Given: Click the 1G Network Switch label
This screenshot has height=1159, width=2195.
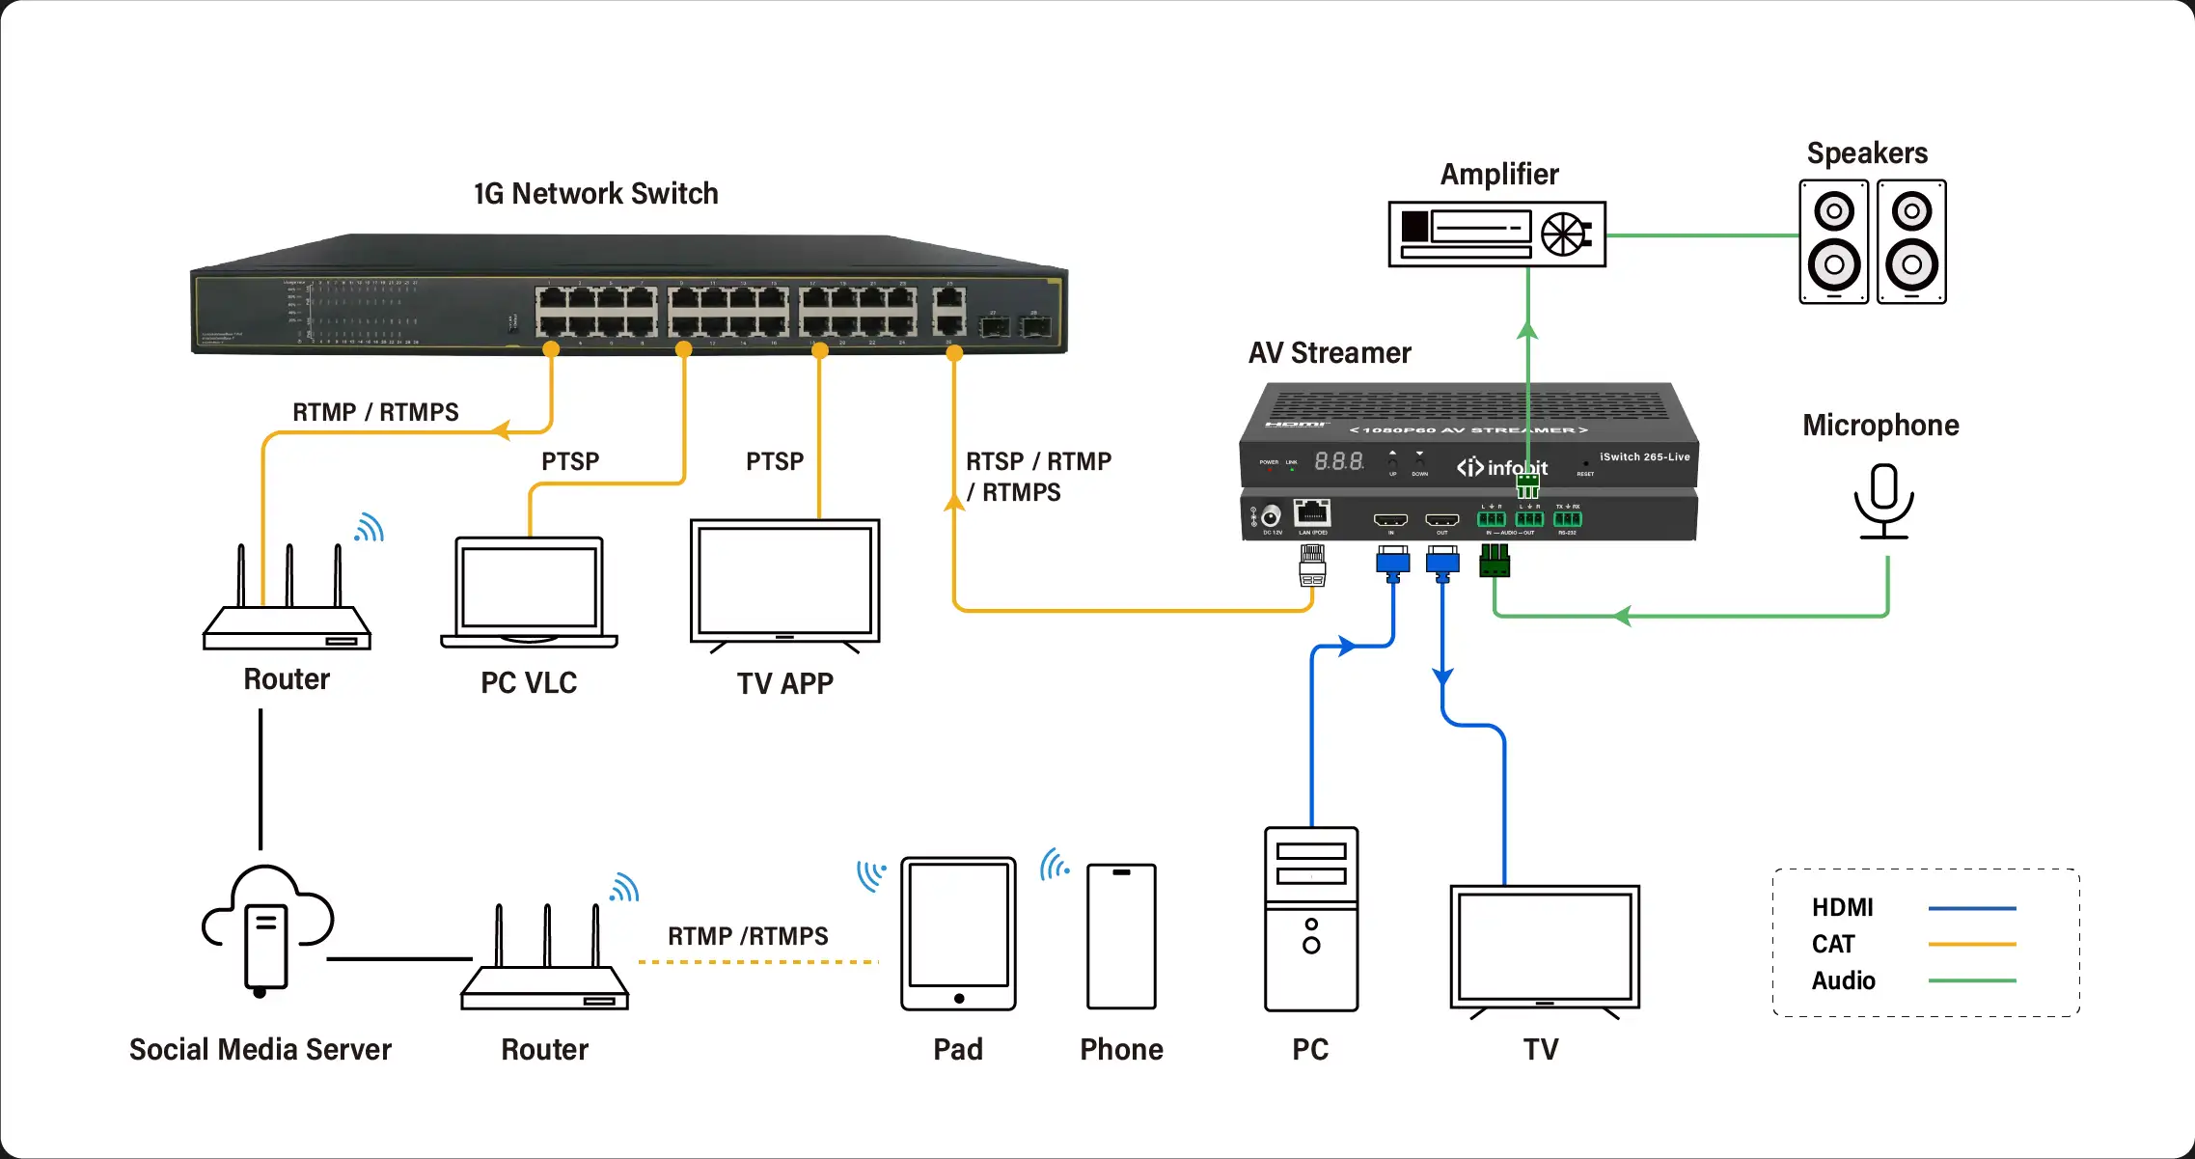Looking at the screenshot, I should coord(595,193).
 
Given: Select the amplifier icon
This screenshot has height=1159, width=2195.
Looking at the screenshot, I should coord(1496,234).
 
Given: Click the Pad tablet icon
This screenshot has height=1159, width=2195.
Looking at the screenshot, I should coord(958,933).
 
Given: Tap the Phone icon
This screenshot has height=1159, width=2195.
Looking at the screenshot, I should coord(1121,936).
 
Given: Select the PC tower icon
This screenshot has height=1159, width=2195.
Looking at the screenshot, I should coord(1311,919).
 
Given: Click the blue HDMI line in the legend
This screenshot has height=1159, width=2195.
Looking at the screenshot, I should coord(1971,908).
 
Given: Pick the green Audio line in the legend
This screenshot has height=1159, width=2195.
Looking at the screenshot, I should coord(1971,980).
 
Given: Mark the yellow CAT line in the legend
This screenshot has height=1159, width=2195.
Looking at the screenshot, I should coord(1971,944).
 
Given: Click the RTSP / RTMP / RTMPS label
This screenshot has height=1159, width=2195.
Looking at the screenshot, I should coord(1038,477).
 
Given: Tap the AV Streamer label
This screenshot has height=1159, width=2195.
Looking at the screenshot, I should coord(1330,353).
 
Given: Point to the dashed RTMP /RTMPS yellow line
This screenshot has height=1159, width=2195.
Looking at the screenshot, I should coord(758,961).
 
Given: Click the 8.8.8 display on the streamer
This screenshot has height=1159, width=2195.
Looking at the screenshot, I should coord(1339,461).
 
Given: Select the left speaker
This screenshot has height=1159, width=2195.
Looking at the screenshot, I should coord(1833,241).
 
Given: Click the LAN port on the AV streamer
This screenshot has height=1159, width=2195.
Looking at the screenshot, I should coord(1312,512).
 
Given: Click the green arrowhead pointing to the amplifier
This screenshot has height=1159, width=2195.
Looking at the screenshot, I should coord(1527,330).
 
